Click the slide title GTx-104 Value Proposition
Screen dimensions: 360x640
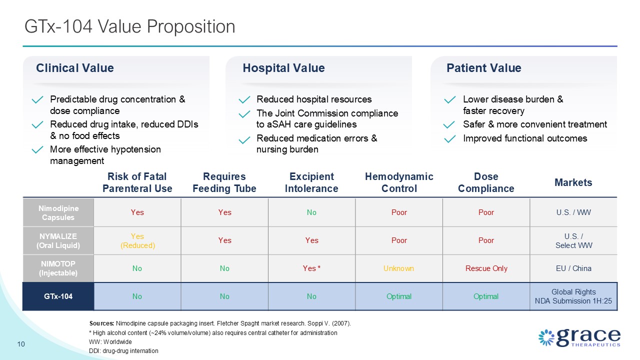coord(130,26)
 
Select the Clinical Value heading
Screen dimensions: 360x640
coord(74,68)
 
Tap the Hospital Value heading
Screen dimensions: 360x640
coord(283,68)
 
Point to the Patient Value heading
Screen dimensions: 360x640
coord(483,68)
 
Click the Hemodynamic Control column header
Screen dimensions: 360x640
coord(399,182)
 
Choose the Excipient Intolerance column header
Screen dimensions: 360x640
coord(311,182)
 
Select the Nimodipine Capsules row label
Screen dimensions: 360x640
coord(58,212)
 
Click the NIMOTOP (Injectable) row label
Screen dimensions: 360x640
coord(58,268)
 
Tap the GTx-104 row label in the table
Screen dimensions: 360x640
coord(58,296)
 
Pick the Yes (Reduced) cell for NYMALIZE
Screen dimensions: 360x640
coord(137,240)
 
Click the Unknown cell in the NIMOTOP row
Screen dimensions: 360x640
coord(398,268)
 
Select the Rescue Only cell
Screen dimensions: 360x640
coord(486,268)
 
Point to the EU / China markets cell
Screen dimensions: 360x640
coord(573,268)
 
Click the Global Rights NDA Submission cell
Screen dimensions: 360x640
coord(573,296)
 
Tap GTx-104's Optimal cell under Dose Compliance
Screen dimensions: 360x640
coord(486,296)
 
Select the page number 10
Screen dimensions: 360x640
coord(21,344)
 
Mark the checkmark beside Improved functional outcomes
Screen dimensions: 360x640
coord(449,139)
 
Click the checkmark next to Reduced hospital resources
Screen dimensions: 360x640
coord(243,100)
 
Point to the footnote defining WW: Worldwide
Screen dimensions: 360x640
coord(110,341)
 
